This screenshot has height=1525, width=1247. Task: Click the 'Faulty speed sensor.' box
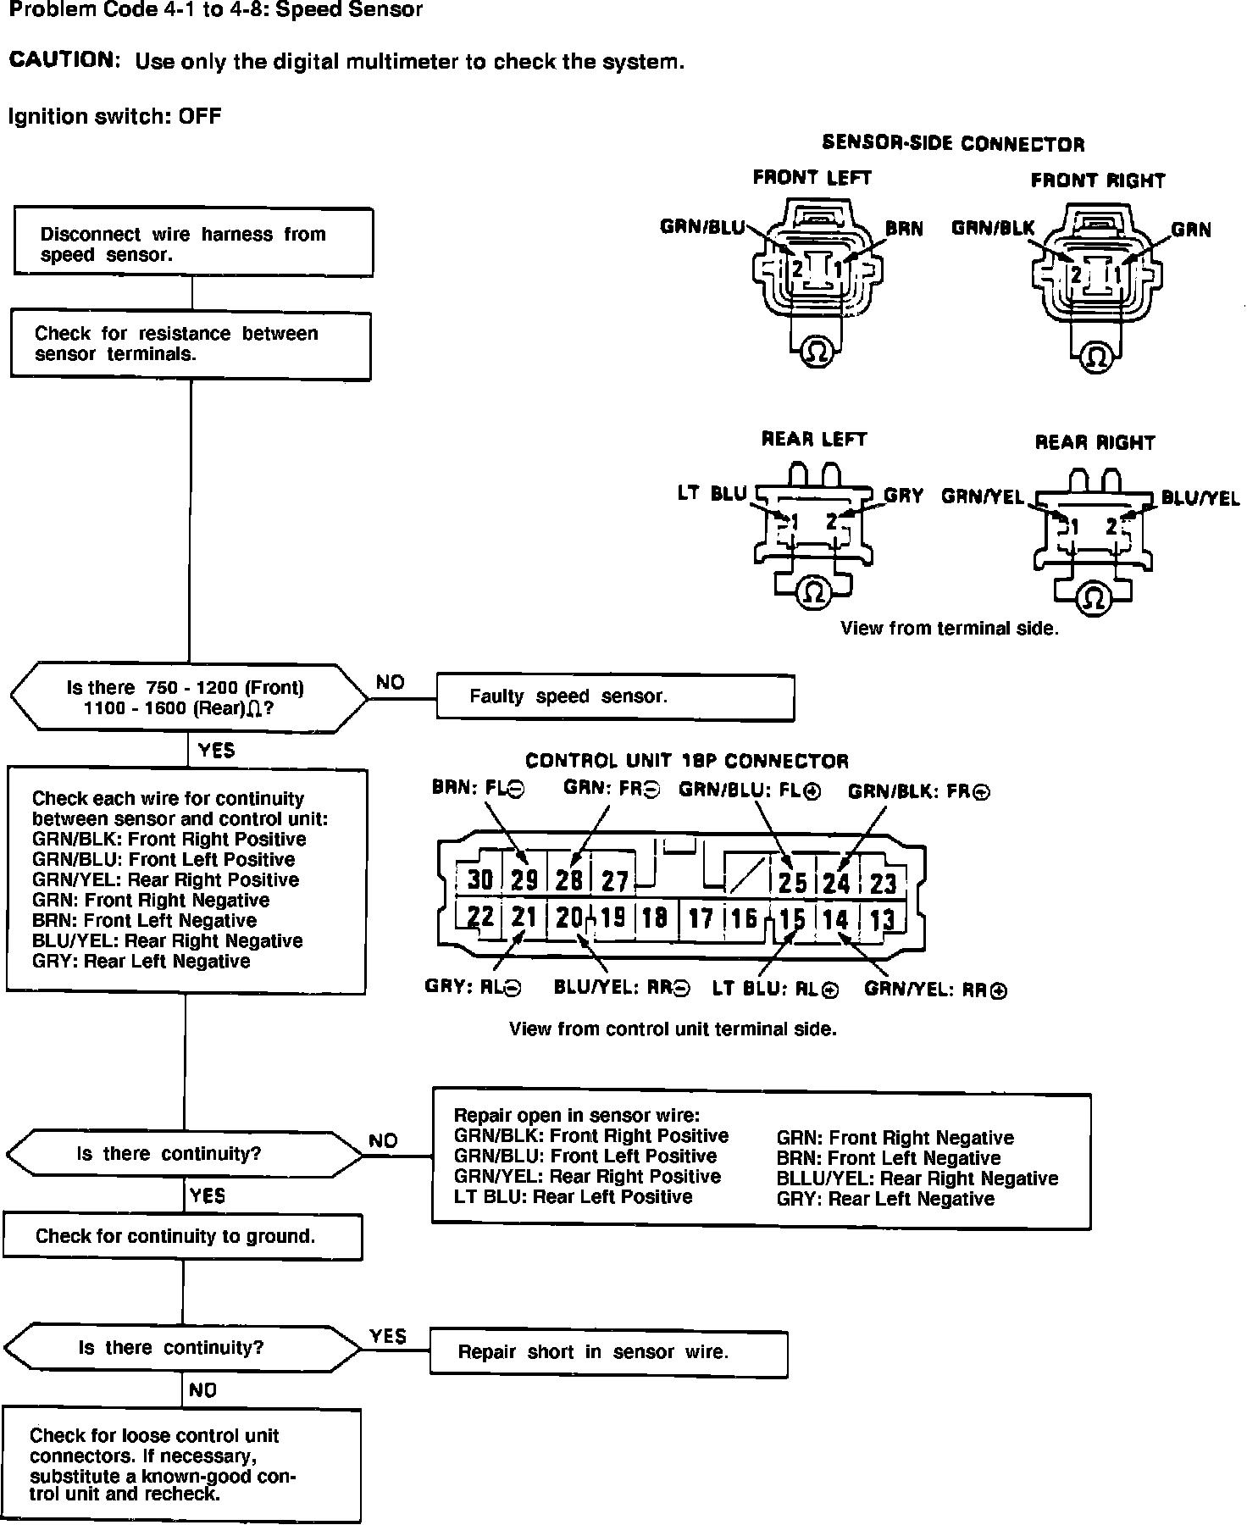pyautogui.click(x=615, y=697)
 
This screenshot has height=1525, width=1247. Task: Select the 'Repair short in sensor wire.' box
pyautogui.click(x=608, y=1352)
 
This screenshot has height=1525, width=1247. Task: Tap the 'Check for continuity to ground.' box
pyautogui.click(x=182, y=1237)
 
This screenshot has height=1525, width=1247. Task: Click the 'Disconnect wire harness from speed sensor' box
pyautogui.click(x=193, y=242)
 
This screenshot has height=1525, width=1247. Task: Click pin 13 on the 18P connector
pyautogui.click(x=883, y=919)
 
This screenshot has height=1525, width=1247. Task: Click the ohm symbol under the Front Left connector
pyautogui.click(x=817, y=352)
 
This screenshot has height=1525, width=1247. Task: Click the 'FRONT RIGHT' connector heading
pyautogui.click(x=1097, y=180)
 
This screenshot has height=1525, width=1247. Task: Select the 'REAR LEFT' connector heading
pyautogui.click(x=814, y=439)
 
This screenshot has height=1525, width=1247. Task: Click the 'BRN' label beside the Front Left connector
pyautogui.click(x=904, y=229)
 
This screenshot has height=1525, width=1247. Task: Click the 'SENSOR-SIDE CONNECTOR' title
pyautogui.click(x=953, y=144)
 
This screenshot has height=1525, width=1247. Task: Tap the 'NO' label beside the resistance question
pyautogui.click(x=390, y=683)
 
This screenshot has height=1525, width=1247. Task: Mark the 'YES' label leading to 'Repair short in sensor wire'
pyautogui.click(x=388, y=1336)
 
